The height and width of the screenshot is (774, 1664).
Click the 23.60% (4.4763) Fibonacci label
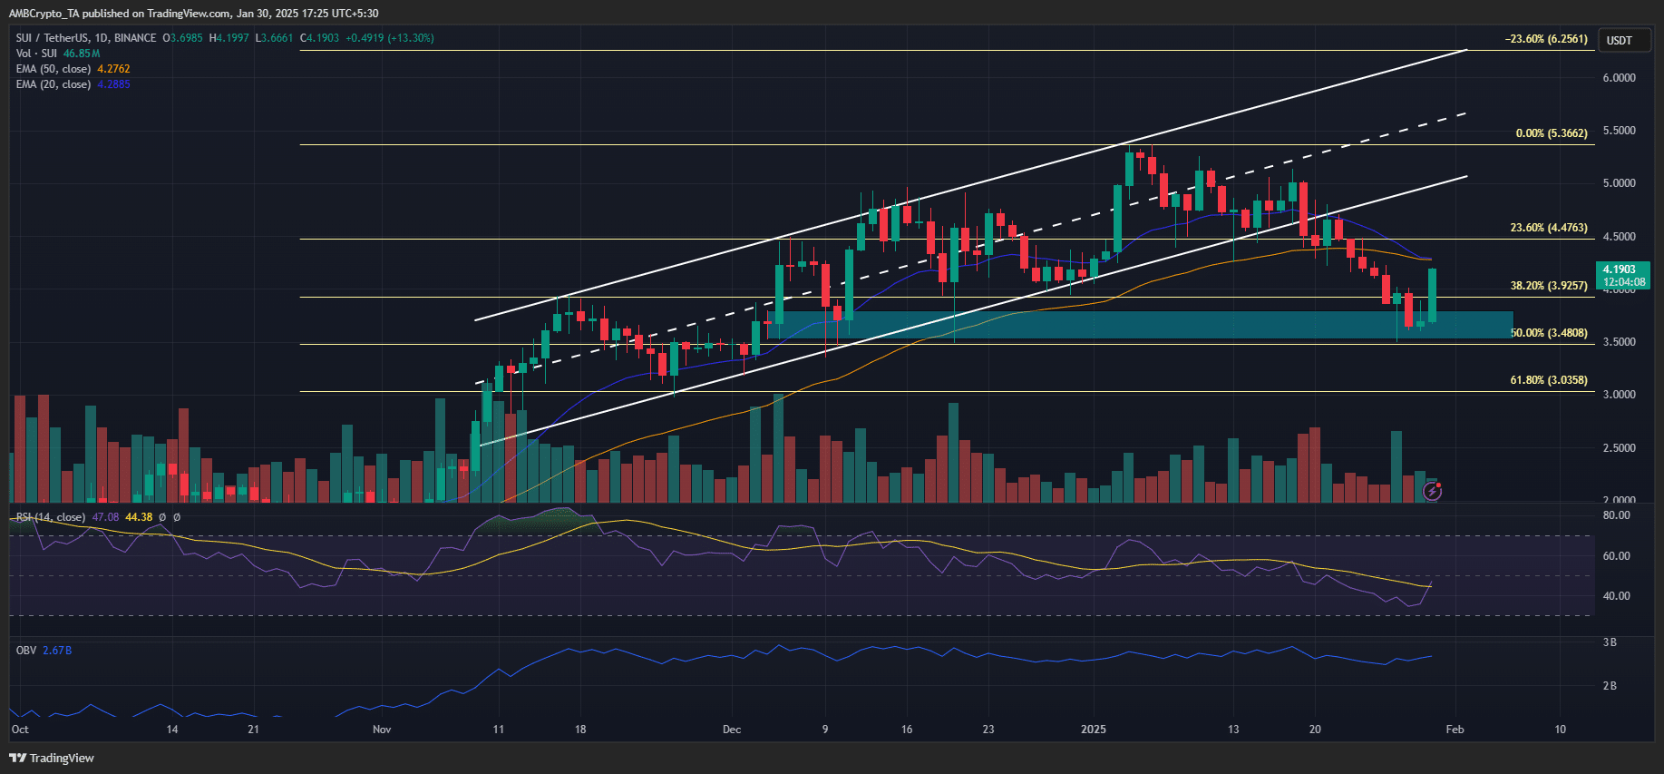(1548, 228)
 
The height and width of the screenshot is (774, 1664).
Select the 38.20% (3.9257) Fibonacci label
(1548, 286)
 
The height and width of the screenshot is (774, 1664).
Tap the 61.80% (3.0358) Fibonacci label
(1548, 380)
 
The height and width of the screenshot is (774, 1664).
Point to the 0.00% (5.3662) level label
(1551, 133)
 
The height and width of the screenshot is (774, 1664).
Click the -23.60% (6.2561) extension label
(1546, 39)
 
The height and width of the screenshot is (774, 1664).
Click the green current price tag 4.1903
(1622, 275)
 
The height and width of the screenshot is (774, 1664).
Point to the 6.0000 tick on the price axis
(1619, 78)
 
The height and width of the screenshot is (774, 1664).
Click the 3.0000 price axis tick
(1619, 395)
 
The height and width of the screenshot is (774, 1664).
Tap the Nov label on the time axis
(382, 730)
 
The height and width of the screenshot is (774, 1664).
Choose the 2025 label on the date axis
(1093, 730)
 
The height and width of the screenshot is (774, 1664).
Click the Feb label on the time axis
(1455, 730)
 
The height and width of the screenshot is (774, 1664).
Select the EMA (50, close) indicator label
(54, 69)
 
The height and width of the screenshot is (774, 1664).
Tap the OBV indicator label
(26, 651)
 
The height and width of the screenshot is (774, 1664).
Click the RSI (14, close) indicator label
(51, 517)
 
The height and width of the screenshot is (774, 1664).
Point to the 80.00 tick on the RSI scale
(1616, 515)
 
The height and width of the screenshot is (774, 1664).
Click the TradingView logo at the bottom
(52, 758)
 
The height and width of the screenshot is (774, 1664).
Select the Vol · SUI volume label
(36, 54)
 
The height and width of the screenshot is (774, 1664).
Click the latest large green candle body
(1432, 294)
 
